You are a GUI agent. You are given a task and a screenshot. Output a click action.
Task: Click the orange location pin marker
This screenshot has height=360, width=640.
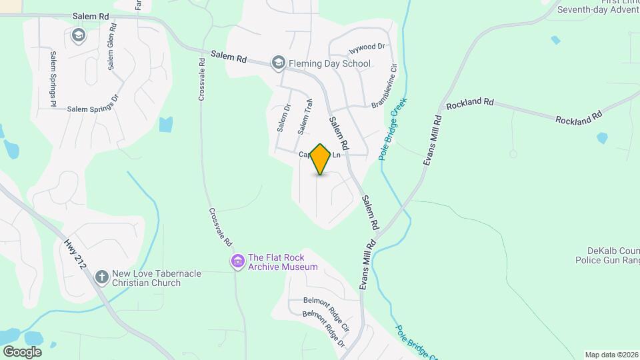click(321, 159)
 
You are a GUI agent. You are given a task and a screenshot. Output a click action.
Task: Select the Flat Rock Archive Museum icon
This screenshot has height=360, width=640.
click(237, 262)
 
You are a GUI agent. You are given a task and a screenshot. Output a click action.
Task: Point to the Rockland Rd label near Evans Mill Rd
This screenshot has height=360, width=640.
click(470, 104)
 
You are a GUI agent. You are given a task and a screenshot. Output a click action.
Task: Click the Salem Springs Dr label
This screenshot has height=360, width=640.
click(92, 108)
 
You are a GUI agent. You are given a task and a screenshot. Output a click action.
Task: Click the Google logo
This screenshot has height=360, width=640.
click(22, 351)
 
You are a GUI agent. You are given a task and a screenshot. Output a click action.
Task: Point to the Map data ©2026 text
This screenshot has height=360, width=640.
click(611, 355)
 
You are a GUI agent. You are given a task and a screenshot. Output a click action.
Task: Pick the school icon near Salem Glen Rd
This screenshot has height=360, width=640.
click(79, 35)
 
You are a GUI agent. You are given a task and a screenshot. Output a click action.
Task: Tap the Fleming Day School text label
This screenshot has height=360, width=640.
click(331, 64)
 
